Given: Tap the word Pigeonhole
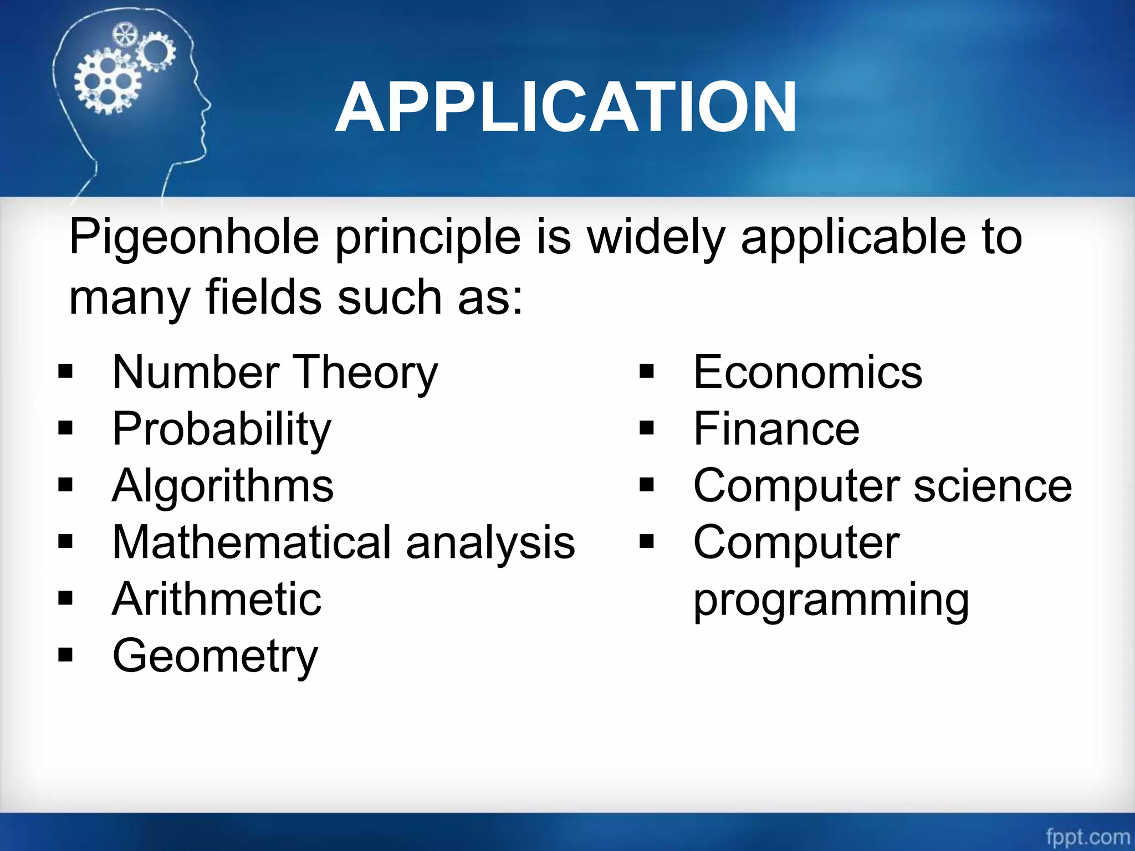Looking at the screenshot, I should click(194, 237).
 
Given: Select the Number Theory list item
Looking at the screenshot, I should click(275, 372).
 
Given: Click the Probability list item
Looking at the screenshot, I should click(222, 429).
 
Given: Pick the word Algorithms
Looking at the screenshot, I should click(223, 486).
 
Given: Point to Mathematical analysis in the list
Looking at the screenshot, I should click(344, 542).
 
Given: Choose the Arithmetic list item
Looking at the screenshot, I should click(217, 599).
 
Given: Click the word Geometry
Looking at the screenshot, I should click(215, 657).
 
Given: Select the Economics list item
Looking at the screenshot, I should click(807, 372).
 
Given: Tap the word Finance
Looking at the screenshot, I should click(776, 429).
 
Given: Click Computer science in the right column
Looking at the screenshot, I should click(882, 486).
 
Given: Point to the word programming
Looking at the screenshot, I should click(831, 600).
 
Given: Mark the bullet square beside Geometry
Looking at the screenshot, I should click(65, 655).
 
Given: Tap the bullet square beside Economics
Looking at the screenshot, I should click(646, 372).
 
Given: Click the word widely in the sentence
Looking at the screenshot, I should click(656, 237).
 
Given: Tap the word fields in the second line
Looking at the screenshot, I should click(264, 298).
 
